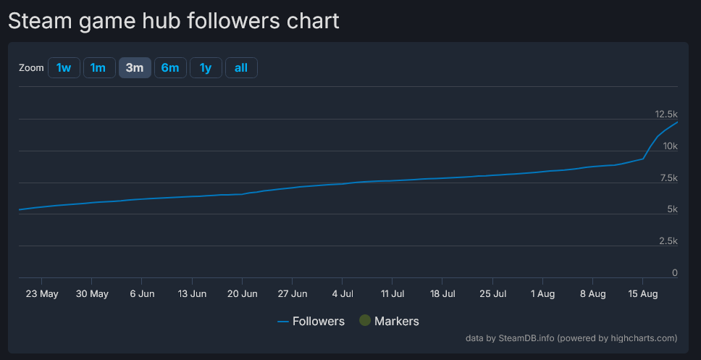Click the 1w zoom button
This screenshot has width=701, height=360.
pos(64,68)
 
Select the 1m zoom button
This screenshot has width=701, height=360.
pos(98,68)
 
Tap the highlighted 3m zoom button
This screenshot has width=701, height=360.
pos(135,68)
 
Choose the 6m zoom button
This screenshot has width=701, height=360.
pos(170,68)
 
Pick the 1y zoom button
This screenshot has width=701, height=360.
pos(206,68)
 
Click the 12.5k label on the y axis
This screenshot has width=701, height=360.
pos(666,114)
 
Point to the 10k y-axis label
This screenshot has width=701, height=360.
pos(669,146)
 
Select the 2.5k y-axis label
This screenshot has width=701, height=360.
pos(667,241)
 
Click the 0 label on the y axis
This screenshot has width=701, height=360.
pos(674,273)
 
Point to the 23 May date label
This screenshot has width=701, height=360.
pos(42,294)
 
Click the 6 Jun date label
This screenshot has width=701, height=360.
pos(142,294)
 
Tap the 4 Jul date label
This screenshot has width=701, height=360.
pos(343,294)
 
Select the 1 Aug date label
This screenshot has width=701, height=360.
pos(542,294)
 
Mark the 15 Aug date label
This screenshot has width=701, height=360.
pos(642,294)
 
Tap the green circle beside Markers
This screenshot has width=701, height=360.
pos(365,320)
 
